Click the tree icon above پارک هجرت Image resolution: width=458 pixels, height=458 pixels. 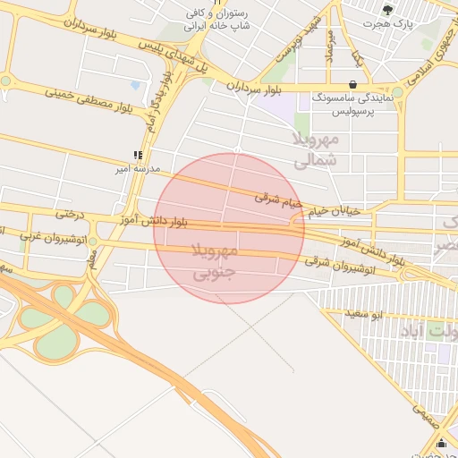click(x=386, y=10)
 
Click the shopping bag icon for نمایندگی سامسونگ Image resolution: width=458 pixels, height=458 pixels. click(x=353, y=86)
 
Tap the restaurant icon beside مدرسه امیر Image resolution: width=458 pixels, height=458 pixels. click(x=137, y=154)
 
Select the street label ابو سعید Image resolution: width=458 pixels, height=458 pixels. click(x=365, y=314)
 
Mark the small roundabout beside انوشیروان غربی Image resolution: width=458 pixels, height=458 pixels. click(x=93, y=241)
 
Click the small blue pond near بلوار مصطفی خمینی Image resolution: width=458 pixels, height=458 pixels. click(x=135, y=86)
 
